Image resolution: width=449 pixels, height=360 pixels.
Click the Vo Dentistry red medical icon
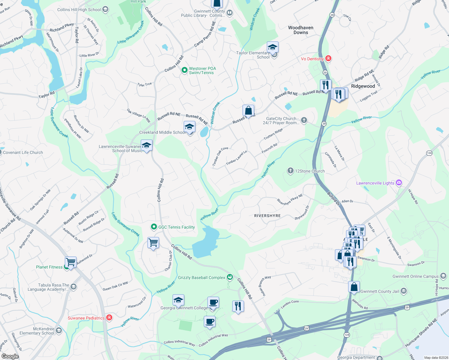[328, 58]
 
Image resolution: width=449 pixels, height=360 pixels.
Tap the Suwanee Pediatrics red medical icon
[109, 317]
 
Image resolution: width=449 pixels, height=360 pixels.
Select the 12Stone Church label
[310, 171]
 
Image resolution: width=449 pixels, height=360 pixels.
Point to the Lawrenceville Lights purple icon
[399, 182]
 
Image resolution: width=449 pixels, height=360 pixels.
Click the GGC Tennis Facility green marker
[154, 227]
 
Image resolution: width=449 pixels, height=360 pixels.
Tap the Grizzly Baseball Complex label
[201, 277]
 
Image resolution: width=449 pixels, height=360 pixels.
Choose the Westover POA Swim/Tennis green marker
[185, 70]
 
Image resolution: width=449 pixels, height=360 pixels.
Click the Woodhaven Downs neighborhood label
[301, 30]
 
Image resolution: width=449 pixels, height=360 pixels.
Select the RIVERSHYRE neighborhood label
[267, 216]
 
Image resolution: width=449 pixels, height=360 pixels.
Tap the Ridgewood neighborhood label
[363, 86]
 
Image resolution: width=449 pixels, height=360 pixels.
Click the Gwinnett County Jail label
[380, 291]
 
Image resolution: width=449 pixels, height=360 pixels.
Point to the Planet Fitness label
[49, 267]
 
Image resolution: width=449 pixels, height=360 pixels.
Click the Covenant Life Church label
[23, 152]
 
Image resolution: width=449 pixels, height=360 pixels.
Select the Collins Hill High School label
[79, 10]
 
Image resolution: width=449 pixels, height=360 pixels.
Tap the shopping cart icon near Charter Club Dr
[153, 242]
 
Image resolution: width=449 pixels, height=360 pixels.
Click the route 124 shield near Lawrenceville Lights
[429, 153]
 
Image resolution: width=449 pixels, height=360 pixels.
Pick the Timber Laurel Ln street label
[237, 158]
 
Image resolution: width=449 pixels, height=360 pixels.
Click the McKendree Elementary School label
[37, 331]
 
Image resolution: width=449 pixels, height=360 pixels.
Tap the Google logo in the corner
[10, 356]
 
